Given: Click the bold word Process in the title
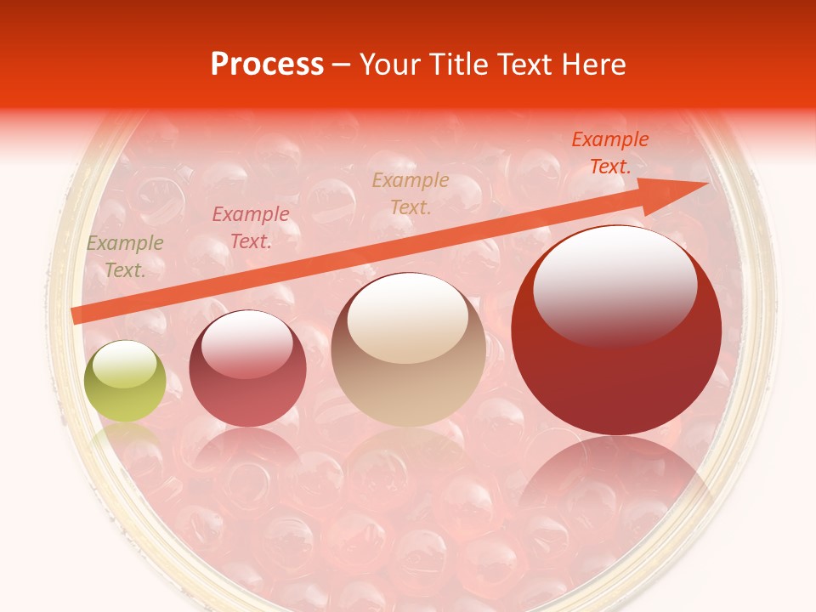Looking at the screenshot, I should pos(267,65).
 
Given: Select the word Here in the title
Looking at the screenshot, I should pos(593,65).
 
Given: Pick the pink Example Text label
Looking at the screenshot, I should pos(250,228).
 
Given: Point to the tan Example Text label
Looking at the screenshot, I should pos(411,194).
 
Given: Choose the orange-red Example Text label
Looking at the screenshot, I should pos(609,153).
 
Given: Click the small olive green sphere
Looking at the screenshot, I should pos(125,381).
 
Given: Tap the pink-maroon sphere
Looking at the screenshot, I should pos(247,368).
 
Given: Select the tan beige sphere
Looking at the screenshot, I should pos(408,349).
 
